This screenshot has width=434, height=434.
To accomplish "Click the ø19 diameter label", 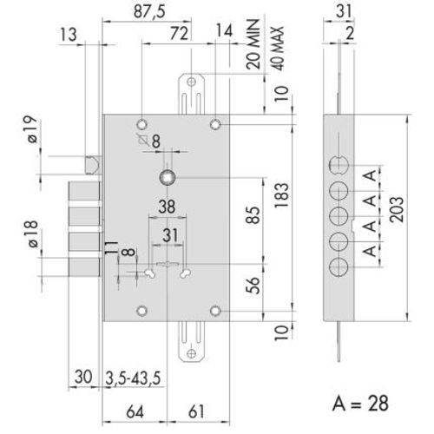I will point(26,132).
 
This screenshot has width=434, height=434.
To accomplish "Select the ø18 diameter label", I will point(26,235).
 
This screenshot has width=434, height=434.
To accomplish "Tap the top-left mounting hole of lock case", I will point(143,123).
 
